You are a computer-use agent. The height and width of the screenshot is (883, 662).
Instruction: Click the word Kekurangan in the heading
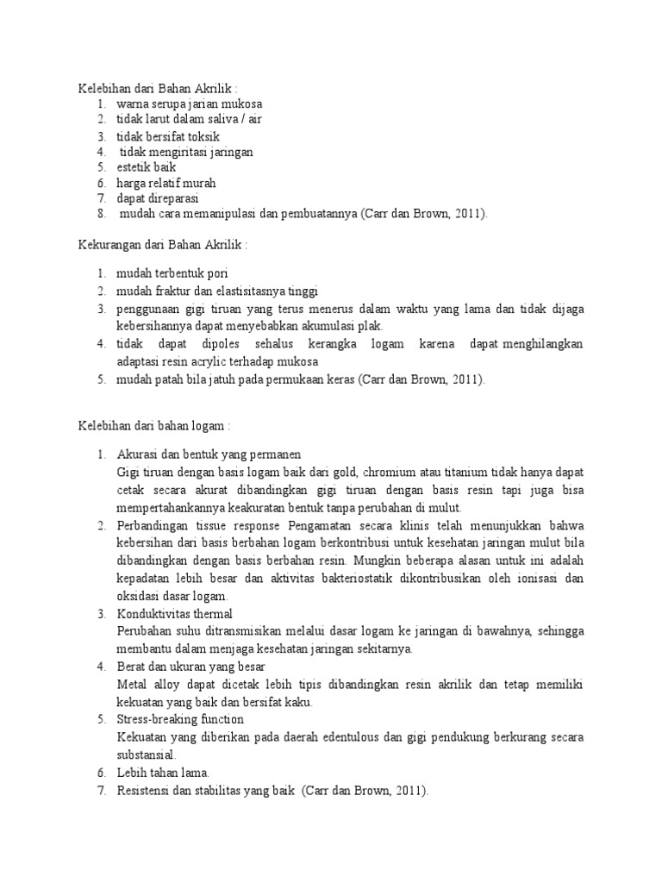click(106, 246)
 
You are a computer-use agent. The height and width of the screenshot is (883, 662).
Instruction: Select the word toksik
click(204, 136)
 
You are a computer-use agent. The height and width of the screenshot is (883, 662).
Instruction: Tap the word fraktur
click(173, 290)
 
